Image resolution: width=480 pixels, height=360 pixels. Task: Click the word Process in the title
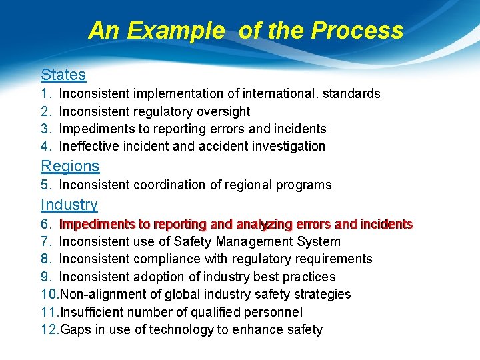coord(357,31)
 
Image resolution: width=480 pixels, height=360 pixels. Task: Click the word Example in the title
coord(176,31)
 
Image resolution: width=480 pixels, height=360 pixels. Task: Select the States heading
coord(63,75)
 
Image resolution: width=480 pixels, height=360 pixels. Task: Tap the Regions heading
coord(70,166)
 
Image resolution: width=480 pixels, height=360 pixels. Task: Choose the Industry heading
coord(69,205)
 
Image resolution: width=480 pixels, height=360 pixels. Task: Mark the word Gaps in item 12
coord(75,329)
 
